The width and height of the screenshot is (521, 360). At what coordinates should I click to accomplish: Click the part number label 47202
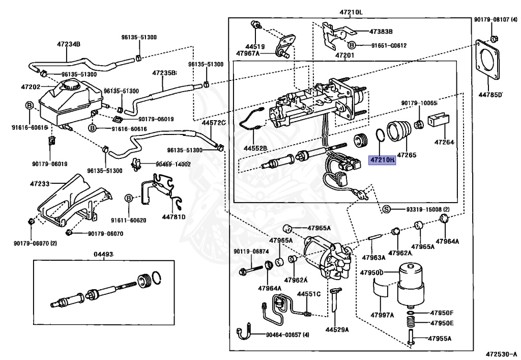(x=31, y=87)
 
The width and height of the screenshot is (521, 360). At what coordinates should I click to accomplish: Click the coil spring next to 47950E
(x=411, y=323)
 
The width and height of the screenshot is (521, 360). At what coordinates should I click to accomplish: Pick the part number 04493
(x=103, y=254)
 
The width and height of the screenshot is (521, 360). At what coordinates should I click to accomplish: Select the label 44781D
(x=173, y=217)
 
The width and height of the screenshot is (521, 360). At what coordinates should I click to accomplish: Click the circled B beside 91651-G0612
(x=352, y=45)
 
